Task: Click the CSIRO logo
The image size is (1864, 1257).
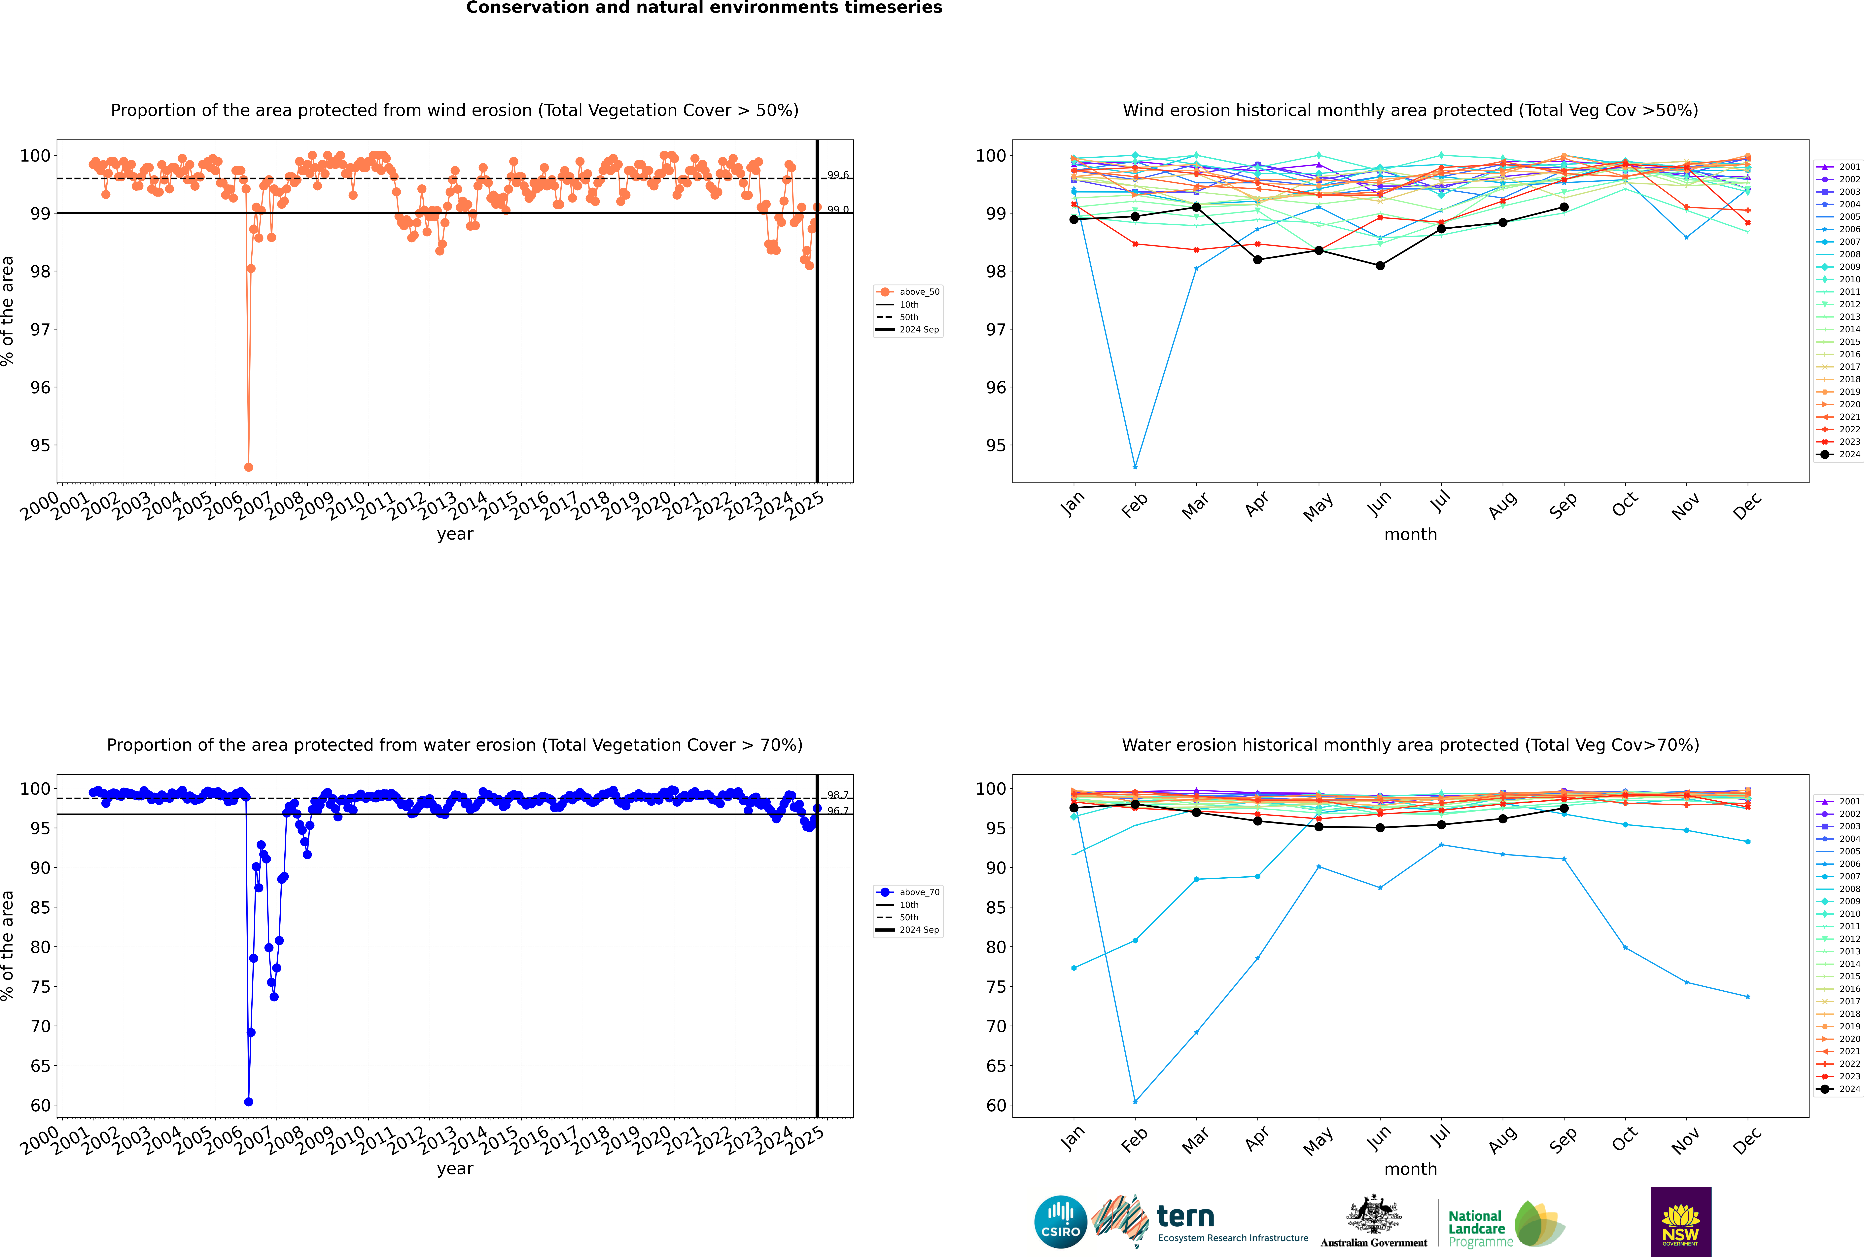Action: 1060,1222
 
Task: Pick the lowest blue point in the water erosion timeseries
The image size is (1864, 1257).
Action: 248,1101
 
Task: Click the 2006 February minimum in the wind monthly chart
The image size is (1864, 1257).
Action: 1135,467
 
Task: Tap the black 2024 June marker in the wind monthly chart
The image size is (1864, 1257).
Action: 1380,265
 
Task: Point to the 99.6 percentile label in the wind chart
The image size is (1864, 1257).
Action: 837,175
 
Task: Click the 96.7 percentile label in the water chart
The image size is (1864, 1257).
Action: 837,811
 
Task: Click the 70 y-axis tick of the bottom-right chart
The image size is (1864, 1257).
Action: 995,1026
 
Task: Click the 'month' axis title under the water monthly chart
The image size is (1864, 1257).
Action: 1410,1169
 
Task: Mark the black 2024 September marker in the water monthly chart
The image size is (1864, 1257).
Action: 1564,808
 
